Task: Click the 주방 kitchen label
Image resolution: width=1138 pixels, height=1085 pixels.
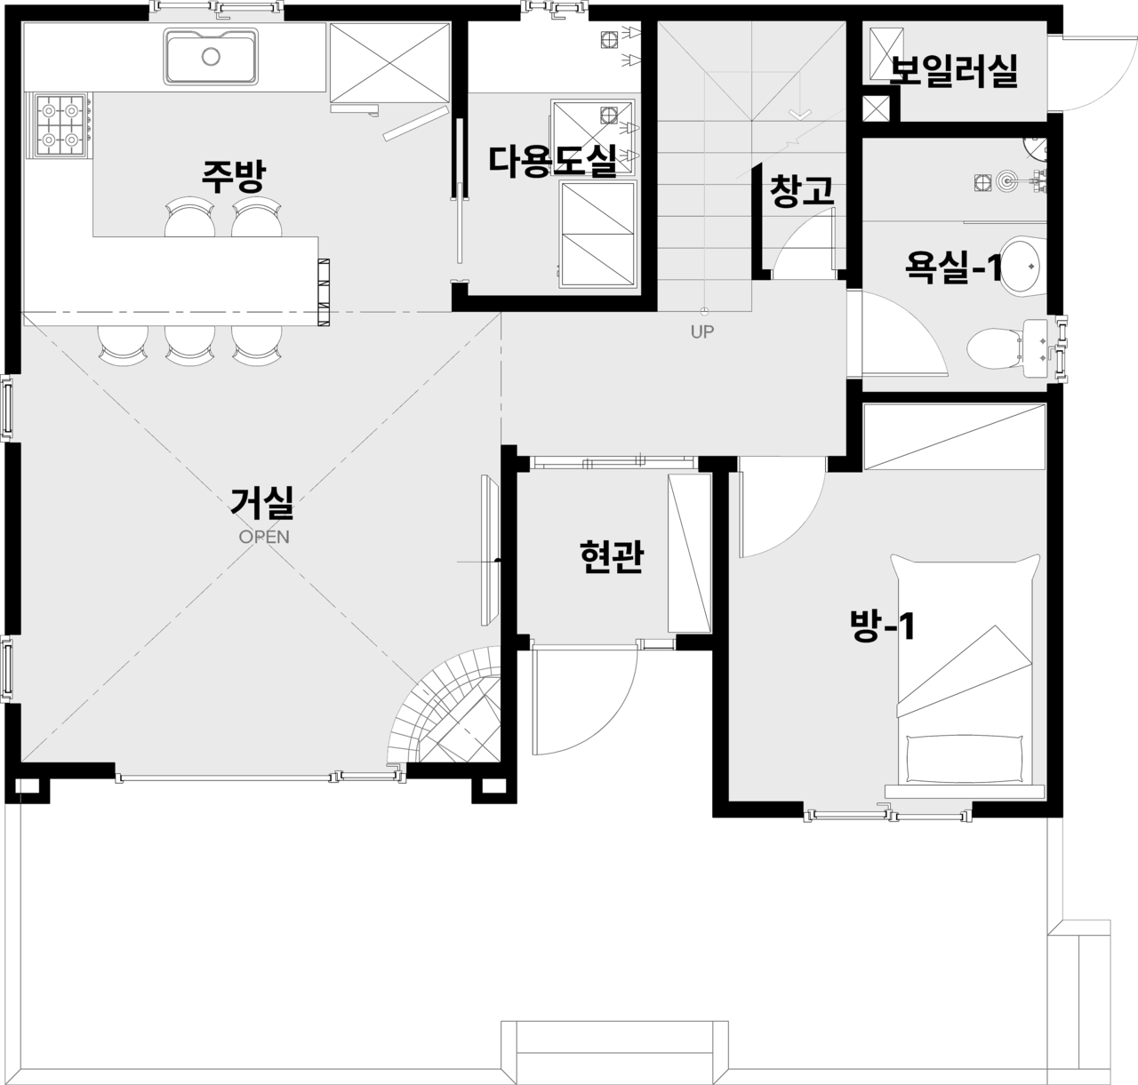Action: [x=233, y=177]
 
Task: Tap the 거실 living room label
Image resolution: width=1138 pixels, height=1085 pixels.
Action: [x=262, y=502]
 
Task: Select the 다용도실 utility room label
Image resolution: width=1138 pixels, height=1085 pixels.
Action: [x=553, y=161]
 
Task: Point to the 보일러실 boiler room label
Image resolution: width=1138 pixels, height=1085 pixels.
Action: [x=953, y=71]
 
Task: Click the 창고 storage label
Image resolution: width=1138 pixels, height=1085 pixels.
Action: [x=802, y=191]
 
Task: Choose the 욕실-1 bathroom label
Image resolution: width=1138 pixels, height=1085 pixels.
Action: [x=953, y=267]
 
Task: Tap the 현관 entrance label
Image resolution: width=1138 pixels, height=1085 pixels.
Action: [x=612, y=556]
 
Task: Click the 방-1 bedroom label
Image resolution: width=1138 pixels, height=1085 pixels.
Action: [x=882, y=626]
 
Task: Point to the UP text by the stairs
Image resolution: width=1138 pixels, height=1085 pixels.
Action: [x=702, y=332]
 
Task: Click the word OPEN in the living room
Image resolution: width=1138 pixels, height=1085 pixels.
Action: [x=264, y=537]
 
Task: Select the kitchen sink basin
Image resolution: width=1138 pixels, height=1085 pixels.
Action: [x=211, y=57]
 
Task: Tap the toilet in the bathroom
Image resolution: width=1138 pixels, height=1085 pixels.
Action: [x=995, y=347]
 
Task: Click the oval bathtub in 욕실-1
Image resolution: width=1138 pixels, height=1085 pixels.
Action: [x=1020, y=267]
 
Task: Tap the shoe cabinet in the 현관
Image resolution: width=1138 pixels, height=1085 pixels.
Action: [x=689, y=554]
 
